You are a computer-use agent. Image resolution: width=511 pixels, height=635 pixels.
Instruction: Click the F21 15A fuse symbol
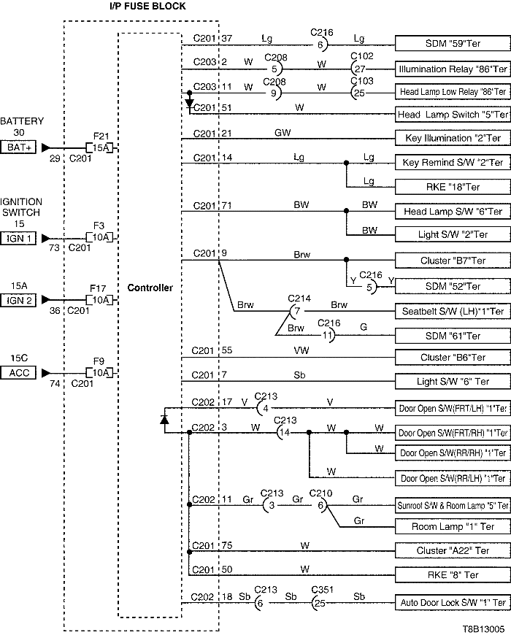[x=100, y=147]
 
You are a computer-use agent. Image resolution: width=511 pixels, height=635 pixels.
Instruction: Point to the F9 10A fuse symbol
[x=100, y=372]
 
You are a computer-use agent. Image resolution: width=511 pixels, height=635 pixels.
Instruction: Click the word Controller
[x=150, y=288]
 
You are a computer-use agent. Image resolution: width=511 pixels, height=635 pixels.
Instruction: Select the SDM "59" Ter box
[x=452, y=44]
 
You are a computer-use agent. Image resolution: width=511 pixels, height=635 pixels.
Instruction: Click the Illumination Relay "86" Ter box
[x=452, y=69]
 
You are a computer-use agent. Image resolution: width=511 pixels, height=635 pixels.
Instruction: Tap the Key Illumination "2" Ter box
[x=452, y=138]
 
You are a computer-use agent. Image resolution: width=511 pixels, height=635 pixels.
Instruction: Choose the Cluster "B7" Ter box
[x=452, y=261]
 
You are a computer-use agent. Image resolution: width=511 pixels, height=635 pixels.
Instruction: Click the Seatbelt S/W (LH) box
[x=452, y=311]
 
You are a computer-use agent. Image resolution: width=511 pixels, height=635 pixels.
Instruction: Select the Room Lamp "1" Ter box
[x=452, y=526]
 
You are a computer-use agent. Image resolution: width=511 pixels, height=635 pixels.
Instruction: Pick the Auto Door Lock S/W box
[x=452, y=603]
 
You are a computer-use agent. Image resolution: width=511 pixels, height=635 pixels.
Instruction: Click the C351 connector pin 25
[x=319, y=603]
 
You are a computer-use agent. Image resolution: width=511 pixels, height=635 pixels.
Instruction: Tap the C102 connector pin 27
[x=359, y=69]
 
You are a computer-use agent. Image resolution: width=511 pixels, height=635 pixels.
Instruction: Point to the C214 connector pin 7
[x=296, y=311]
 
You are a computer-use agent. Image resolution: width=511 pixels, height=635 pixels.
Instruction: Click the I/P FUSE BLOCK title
[x=142, y=7]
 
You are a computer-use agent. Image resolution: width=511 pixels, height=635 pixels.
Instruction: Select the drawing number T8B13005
[x=483, y=628]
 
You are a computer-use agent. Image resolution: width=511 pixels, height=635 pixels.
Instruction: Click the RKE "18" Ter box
[x=452, y=186]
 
